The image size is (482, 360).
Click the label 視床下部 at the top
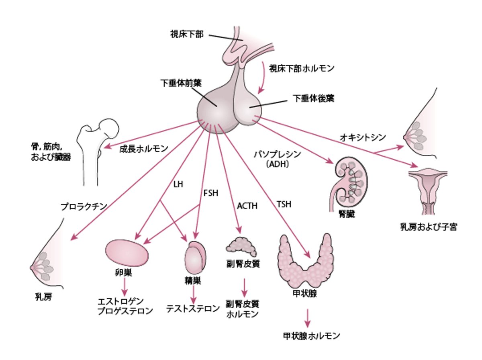pos(187,34)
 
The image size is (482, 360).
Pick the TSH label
pos(284,204)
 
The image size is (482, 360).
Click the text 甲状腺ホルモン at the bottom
pos(312,335)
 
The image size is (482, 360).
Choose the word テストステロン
pos(193,309)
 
